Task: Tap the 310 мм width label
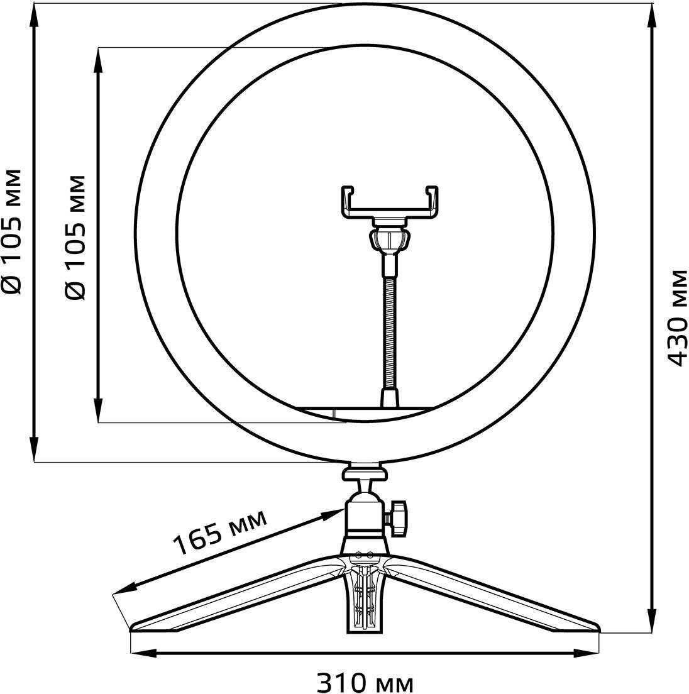pos(365,681)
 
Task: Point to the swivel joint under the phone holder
pos(390,240)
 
